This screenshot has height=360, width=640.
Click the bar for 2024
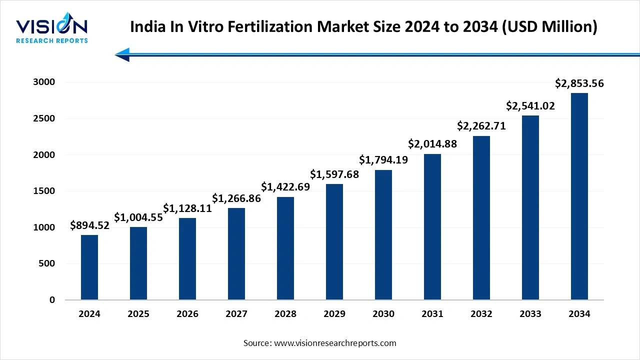click(89, 267)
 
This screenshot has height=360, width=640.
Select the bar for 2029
click(334, 242)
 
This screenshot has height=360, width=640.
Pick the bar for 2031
click(432, 227)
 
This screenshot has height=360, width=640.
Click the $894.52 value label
click(89, 225)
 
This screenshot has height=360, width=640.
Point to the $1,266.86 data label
click(236, 198)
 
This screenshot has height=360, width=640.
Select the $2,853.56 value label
click(579, 83)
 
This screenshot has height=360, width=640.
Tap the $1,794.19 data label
click(383, 160)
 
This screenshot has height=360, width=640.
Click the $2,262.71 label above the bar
click(481, 126)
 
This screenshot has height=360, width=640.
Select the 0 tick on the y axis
click(52, 300)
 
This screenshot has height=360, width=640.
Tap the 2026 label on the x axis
click(187, 314)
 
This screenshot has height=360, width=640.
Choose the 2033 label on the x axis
click(530, 314)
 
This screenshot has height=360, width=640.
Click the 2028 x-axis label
click(285, 314)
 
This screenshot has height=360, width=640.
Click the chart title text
click(363, 27)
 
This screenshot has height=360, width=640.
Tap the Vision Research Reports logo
click(52, 30)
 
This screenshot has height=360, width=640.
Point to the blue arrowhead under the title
click(122, 54)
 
